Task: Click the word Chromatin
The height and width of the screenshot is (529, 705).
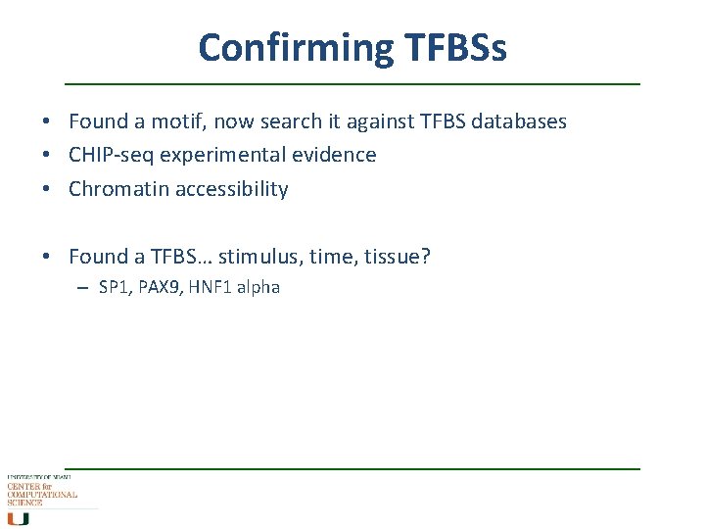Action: click(118, 189)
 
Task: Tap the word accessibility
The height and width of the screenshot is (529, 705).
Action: click(232, 189)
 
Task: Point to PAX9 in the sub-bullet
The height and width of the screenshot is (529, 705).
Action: click(159, 287)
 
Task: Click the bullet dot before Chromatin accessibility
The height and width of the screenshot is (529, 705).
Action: click(46, 189)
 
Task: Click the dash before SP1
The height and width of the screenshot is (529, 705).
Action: click(85, 288)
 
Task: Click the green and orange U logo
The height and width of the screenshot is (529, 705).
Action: click(19, 518)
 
